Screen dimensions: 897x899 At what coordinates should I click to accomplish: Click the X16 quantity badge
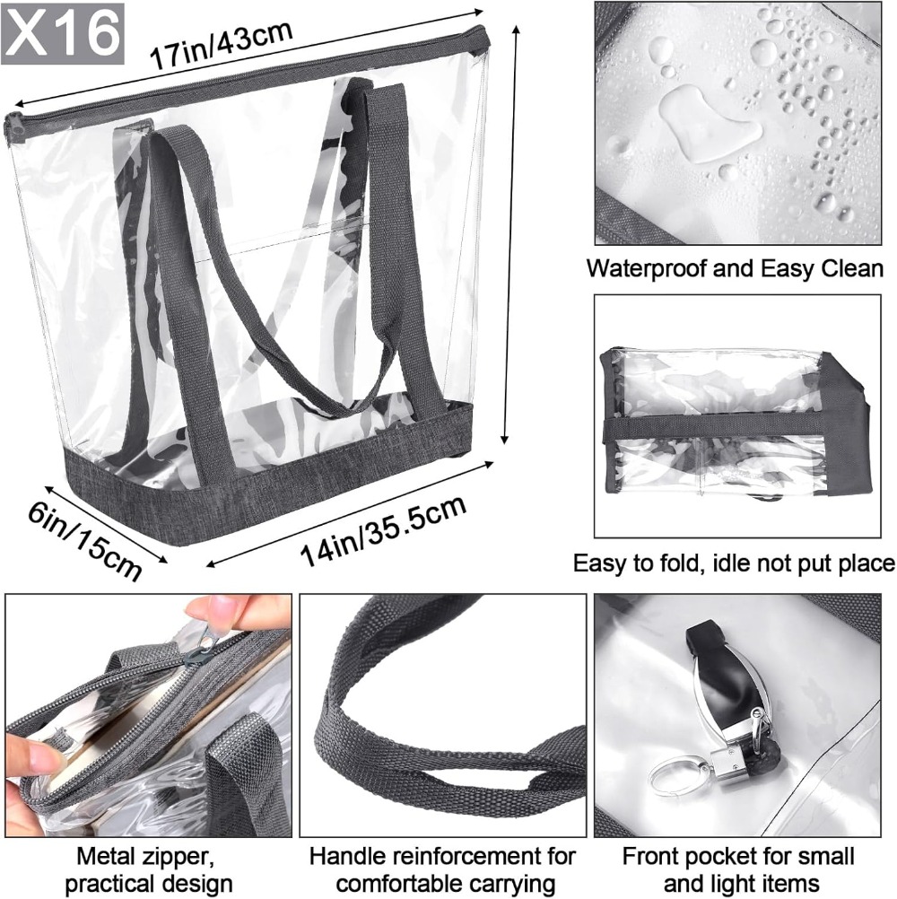(63, 32)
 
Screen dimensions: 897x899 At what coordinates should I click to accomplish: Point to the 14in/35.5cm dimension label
(383, 530)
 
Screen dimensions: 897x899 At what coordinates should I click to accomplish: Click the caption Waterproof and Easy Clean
(736, 268)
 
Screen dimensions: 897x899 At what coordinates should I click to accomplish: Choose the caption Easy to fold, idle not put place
(735, 563)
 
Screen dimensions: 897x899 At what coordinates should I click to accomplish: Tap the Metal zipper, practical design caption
(148, 869)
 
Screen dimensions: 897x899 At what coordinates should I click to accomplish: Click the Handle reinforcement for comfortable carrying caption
(442, 869)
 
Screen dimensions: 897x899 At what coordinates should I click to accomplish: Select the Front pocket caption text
(738, 869)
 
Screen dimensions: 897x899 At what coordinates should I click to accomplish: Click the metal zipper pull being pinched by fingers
(202, 647)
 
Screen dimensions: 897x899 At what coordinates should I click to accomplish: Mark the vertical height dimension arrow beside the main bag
(511, 234)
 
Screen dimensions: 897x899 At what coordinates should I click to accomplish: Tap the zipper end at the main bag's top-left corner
(13, 127)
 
